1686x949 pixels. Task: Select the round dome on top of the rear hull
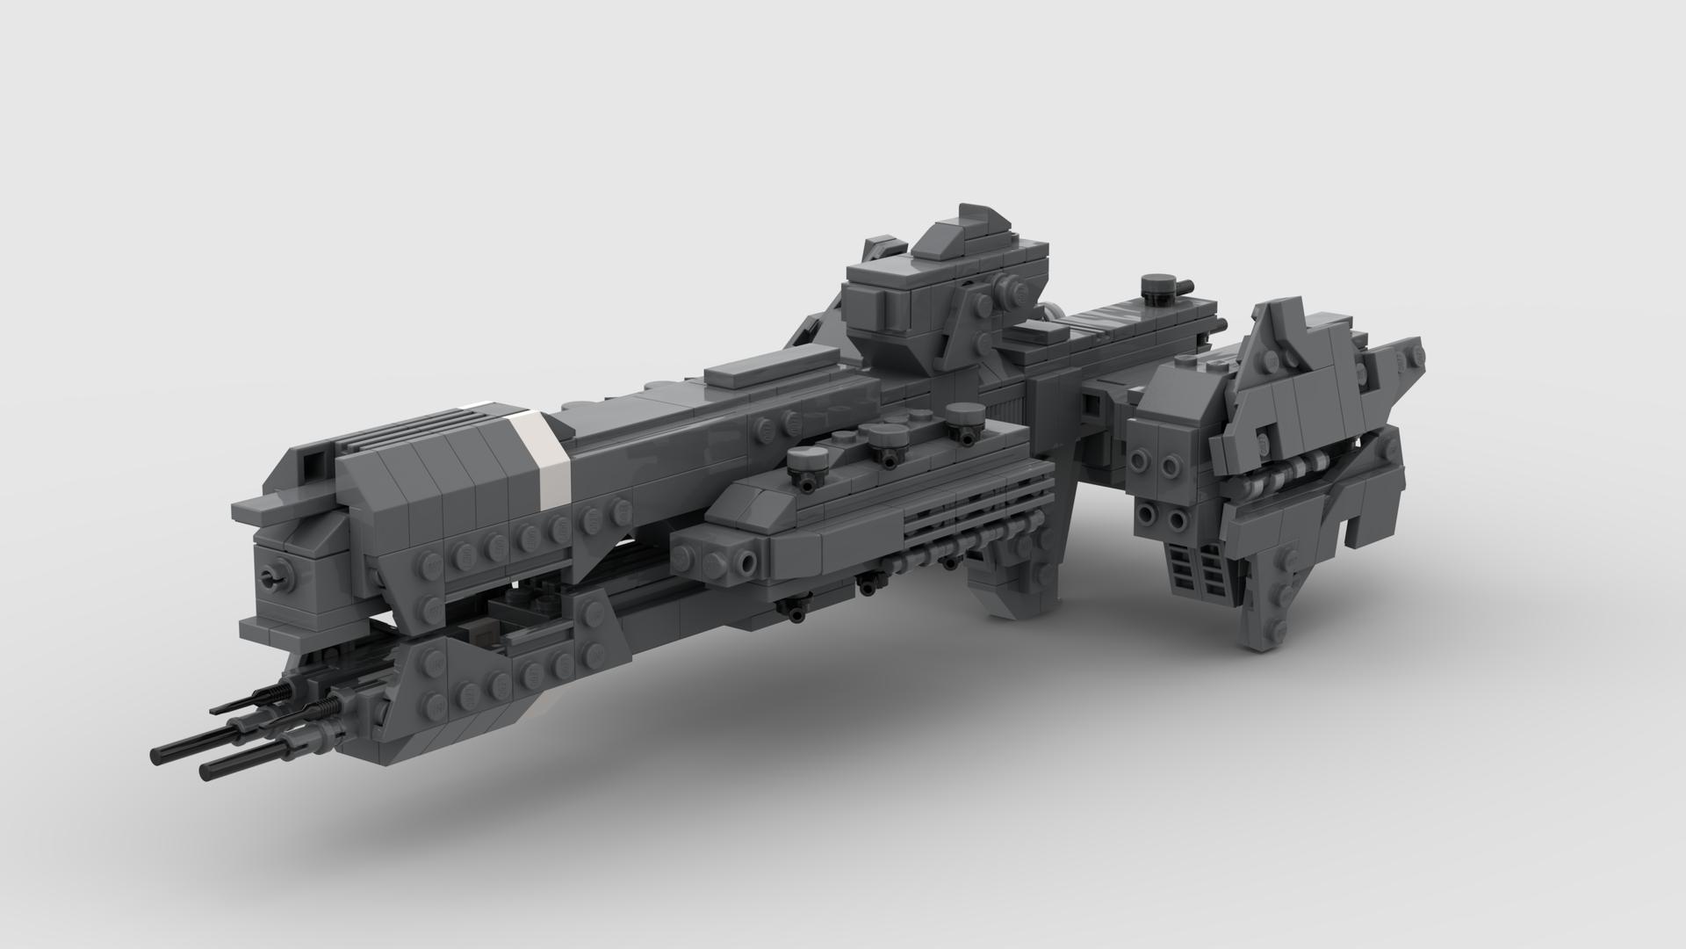[x=1157, y=286]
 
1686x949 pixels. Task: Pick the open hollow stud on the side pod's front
[x=747, y=560]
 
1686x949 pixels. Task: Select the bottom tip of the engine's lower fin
[x=1262, y=646]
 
